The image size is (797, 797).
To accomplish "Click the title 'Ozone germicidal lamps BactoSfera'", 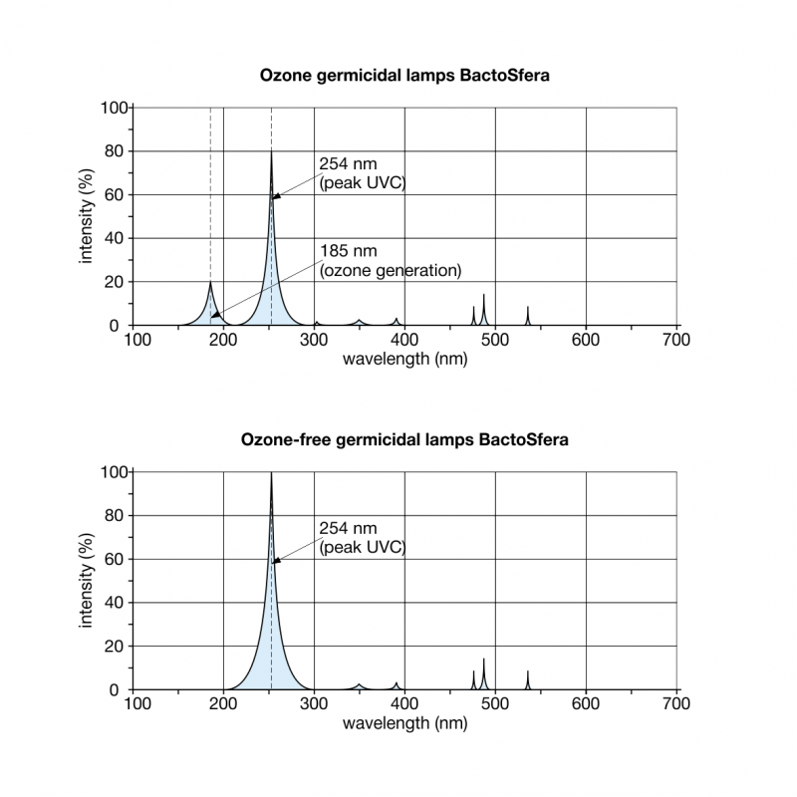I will click(x=404, y=75).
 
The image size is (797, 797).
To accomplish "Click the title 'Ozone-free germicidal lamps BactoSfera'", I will click(x=404, y=439).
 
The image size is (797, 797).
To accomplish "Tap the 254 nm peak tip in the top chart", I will click(x=272, y=151).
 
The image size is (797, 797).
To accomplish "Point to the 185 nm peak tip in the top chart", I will click(x=210, y=282).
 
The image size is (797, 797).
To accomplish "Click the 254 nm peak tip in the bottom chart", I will click(x=272, y=472).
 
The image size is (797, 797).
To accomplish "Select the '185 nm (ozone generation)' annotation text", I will click(x=390, y=260).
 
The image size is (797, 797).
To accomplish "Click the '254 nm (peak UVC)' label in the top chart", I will click(x=362, y=172).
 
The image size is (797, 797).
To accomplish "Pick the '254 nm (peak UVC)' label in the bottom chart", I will click(x=362, y=537).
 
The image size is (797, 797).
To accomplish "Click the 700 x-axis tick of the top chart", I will click(x=677, y=341).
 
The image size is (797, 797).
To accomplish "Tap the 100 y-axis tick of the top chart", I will click(x=116, y=108).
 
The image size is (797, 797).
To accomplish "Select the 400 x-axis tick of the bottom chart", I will click(x=405, y=705).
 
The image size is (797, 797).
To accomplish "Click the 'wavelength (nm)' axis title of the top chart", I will click(x=404, y=359).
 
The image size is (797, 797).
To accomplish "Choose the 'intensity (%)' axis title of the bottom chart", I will click(x=87, y=581).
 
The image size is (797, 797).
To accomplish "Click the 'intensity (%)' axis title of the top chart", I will click(x=87, y=216).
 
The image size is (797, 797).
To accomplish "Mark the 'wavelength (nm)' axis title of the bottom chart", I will click(x=404, y=723).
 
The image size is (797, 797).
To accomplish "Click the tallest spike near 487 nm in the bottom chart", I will click(x=484, y=660).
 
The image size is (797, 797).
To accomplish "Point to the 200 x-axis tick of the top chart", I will click(x=223, y=341).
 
